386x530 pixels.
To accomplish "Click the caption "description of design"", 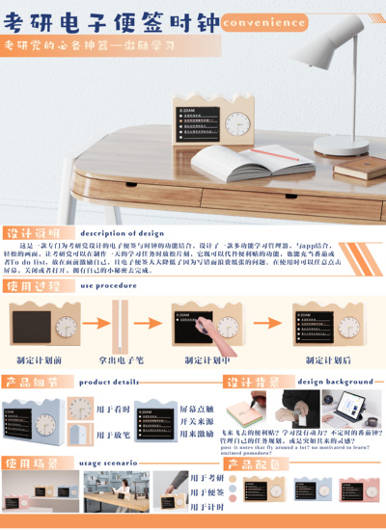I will click(x=123, y=233).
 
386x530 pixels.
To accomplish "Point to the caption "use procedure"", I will click(x=108, y=285).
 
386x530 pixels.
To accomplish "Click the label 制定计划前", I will click(x=40, y=359).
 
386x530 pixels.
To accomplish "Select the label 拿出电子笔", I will click(x=120, y=359).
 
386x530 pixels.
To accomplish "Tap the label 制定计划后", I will click(x=327, y=359).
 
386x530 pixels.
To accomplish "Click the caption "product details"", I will click(x=109, y=382).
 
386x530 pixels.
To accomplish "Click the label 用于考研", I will click(x=207, y=478).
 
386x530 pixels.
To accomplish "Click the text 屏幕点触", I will click(x=196, y=409).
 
